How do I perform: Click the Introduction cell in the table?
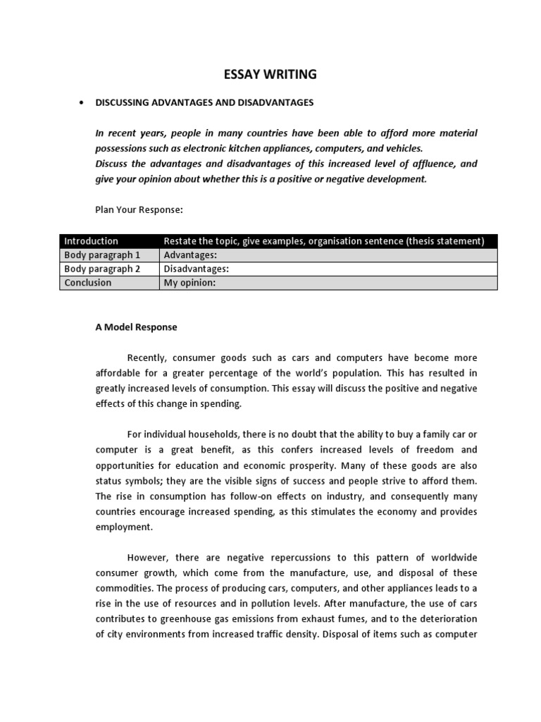coord(91,241)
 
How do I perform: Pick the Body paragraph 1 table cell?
coord(102,255)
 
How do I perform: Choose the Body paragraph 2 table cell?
coord(102,269)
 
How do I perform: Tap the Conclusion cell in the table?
coord(87,283)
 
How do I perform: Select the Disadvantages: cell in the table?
coord(197,269)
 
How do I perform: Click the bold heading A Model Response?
coord(136,327)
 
